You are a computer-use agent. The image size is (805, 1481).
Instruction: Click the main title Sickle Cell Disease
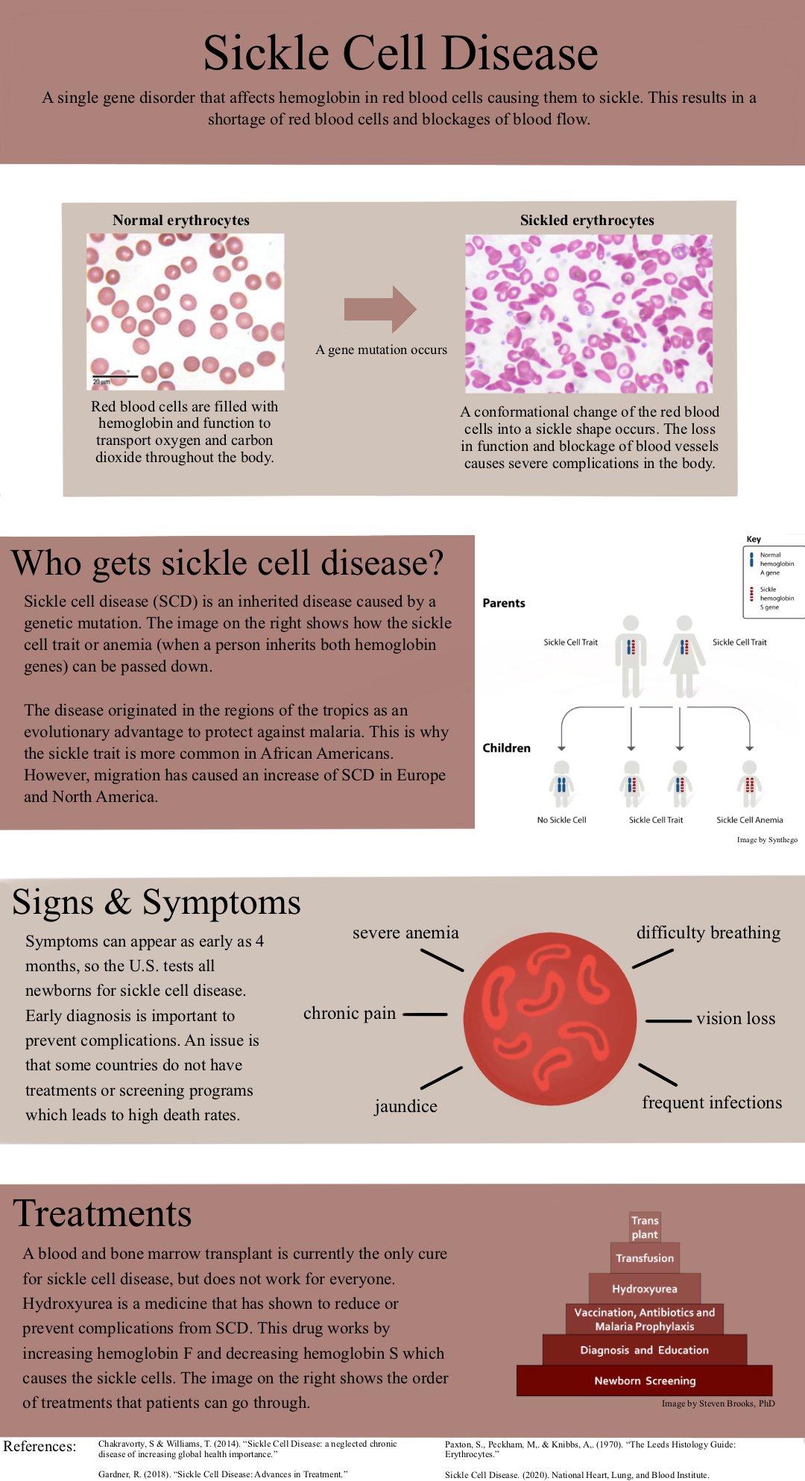click(401, 53)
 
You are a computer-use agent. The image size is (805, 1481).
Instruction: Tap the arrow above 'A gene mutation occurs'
click(380, 309)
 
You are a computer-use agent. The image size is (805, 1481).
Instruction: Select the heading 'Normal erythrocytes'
click(181, 220)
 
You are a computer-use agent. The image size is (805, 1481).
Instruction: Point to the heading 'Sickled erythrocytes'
click(587, 220)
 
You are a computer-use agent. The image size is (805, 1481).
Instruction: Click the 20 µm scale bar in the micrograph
click(115, 376)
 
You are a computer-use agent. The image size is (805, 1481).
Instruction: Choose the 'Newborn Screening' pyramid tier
click(645, 1380)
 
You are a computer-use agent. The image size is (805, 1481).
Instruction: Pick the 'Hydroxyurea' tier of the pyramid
click(645, 1289)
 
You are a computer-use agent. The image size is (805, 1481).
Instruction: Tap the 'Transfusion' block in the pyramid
click(645, 1258)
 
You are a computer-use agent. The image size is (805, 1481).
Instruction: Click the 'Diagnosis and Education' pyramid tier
click(645, 1350)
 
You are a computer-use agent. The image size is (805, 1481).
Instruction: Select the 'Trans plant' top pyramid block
click(645, 1227)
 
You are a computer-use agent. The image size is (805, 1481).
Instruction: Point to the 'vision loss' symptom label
click(736, 1019)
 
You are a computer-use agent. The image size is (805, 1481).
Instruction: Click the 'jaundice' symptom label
click(405, 1106)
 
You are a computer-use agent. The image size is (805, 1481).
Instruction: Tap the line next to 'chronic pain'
click(425, 1014)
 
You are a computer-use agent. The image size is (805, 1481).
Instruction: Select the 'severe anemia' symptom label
click(405, 933)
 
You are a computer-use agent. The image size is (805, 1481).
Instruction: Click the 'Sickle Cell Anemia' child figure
click(750, 784)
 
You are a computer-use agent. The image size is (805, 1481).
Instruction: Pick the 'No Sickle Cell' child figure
click(562, 784)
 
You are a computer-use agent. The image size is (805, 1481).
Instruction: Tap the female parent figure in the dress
click(684, 656)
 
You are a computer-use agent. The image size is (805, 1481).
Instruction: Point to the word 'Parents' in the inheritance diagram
click(504, 603)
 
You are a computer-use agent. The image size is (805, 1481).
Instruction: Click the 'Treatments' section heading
click(103, 1213)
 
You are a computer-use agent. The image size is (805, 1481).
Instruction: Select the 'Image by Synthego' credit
click(767, 840)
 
